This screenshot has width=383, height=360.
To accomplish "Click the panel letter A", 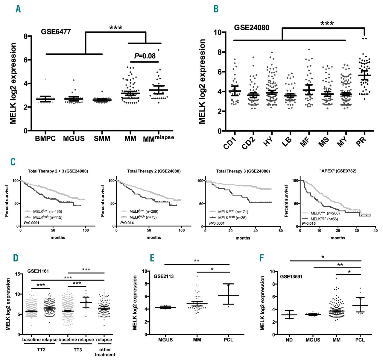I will tap(19, 9).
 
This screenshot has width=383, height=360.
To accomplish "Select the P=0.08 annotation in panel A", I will tap(145, 56).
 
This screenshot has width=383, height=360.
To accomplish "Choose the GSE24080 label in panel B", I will tap(252, 28).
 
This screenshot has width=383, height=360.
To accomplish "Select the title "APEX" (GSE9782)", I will tap(338, 171).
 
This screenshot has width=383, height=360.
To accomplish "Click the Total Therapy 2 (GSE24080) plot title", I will tap(154, 171).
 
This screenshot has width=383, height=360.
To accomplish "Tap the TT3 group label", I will tap(77, 350).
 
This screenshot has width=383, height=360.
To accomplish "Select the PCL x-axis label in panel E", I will tap(228, 340).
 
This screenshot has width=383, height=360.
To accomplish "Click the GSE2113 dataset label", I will tap(164, 276).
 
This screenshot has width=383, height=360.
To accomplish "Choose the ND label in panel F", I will tap(289, 340).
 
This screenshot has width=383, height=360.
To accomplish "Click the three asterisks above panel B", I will tap(327, 23).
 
